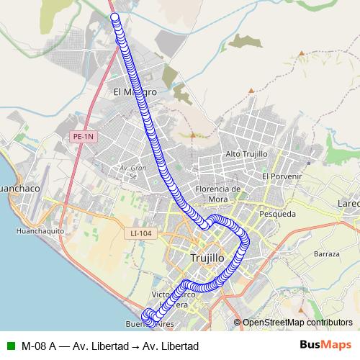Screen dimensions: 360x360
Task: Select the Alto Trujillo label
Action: click(x=246, y=154)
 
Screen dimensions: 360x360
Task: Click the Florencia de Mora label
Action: click(x=216, y=194)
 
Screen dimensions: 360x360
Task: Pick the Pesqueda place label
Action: click(x=277, y=214)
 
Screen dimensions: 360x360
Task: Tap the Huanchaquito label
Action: click(x=40, y=231)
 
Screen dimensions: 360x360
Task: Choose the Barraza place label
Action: click(x=326, y=255)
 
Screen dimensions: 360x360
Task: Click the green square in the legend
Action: click(x=9, y=346)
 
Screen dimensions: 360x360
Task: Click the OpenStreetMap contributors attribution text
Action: click(x=297, y=323)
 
